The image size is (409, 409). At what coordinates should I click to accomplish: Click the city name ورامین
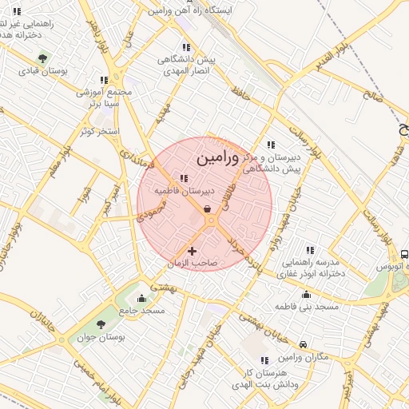(216, 157)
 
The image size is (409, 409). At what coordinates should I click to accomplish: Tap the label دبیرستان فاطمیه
(184, 192)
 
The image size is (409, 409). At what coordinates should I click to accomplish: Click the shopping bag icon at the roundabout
(208, 209)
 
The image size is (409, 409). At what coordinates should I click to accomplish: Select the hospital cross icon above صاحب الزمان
(192, 251)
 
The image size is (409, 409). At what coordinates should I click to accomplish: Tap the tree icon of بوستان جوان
(101, 324)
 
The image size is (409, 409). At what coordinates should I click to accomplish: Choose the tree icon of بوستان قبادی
(42, 58)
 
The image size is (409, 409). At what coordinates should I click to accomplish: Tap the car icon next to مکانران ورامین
(303, 345)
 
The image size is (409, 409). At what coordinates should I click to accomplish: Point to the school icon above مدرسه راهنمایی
(310, 250)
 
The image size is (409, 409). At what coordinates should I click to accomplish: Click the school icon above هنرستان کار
(264, 360)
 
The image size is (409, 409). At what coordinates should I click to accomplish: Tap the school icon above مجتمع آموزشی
(103, 80)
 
